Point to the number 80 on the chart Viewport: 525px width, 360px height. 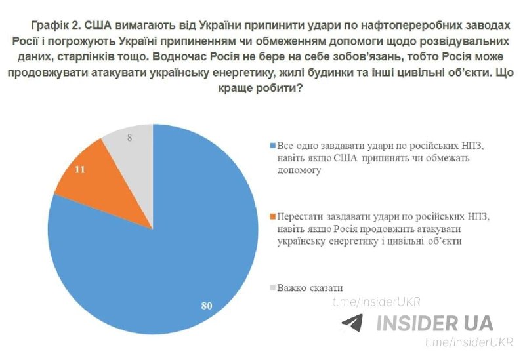coord(207,306)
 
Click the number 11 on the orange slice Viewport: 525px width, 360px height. coord(79,170)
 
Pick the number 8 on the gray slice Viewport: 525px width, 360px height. coord(129,138)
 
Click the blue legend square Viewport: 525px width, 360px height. coord(272,146)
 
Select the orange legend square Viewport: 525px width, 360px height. coord(272,216)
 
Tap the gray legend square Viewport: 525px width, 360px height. coord(272,287)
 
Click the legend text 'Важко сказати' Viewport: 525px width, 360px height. coord(310,288)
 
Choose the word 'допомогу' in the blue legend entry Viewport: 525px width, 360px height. coord(299,170)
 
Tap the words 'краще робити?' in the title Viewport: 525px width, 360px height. coord(261,89)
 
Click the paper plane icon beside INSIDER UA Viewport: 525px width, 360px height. coord(352,323)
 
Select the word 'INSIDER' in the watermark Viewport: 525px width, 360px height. coord(416,323)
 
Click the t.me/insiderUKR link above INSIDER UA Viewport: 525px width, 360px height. coord(376,302)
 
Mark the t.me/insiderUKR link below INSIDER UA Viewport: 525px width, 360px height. coord(469,342)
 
